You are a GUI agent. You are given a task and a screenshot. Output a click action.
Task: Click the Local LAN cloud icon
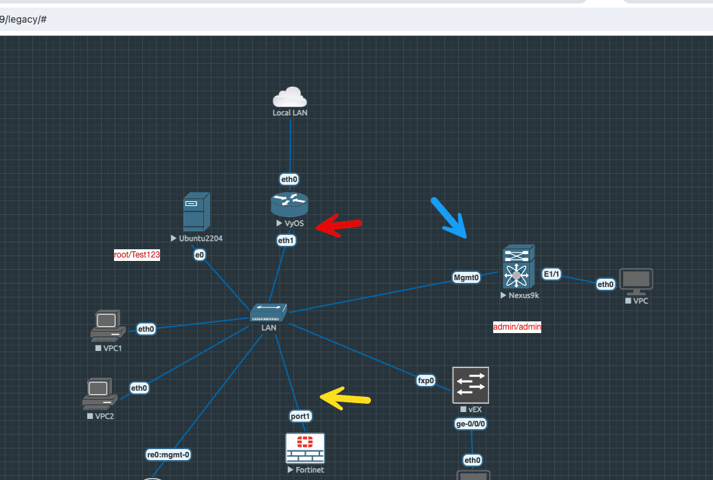coord(289,97)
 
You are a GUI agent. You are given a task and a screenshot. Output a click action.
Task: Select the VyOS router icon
coord(289,204)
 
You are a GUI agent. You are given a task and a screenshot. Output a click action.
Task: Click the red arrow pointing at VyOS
coord(338,225)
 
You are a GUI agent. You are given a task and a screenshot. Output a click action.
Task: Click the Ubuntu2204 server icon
coord(196,212)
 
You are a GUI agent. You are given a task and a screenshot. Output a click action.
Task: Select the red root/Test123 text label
coord(137,255)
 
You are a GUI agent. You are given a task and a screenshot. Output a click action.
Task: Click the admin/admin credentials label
coord(517,327)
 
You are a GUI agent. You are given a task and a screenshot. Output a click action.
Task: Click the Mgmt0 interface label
coord(466,277)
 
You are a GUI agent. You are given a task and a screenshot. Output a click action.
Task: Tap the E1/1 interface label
coord(552,274)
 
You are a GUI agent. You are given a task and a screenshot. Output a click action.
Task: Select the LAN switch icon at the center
coord(269,313)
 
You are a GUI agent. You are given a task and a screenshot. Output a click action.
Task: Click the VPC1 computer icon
coord(107,326)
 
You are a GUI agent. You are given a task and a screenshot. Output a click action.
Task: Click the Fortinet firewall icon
coord(305,448)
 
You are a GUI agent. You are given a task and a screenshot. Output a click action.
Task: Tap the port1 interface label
coord(300,416)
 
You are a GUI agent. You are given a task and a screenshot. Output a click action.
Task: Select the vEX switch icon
coord(471,385)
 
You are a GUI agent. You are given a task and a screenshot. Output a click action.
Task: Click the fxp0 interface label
coord(427,380)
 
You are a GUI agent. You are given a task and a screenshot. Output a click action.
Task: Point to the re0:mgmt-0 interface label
coord(168,455)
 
